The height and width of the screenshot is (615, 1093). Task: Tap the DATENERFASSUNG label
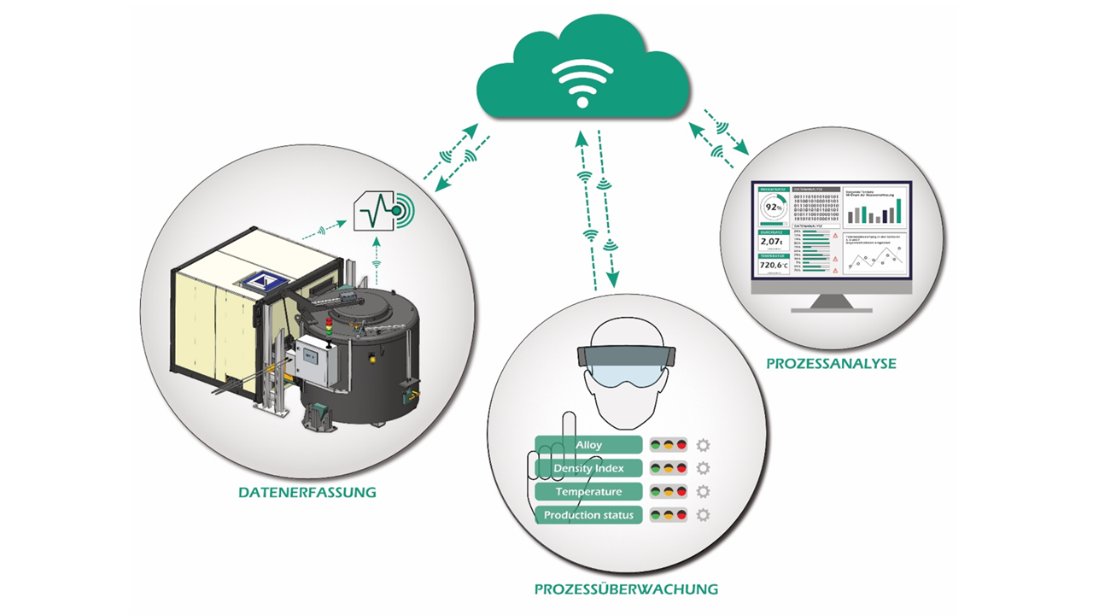[307, 493]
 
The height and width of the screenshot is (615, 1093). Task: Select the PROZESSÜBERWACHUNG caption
[626, 589]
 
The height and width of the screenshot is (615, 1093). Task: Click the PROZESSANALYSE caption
[831, 363]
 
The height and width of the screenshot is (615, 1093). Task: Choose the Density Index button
[588, 468]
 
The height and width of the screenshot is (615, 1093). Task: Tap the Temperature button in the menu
[588, 492]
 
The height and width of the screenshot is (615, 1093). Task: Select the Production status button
[588, 515]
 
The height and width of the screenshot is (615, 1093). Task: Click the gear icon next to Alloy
[704, 445]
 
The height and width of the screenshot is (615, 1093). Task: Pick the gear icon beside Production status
[704, 515]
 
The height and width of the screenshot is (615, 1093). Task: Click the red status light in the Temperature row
[681, 492]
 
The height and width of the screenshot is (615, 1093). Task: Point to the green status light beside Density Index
[657, 468]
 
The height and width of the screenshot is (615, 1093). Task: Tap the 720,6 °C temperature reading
[773, 265]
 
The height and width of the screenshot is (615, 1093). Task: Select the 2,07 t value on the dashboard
[771, 242]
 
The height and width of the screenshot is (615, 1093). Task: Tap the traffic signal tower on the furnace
[329, 328]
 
